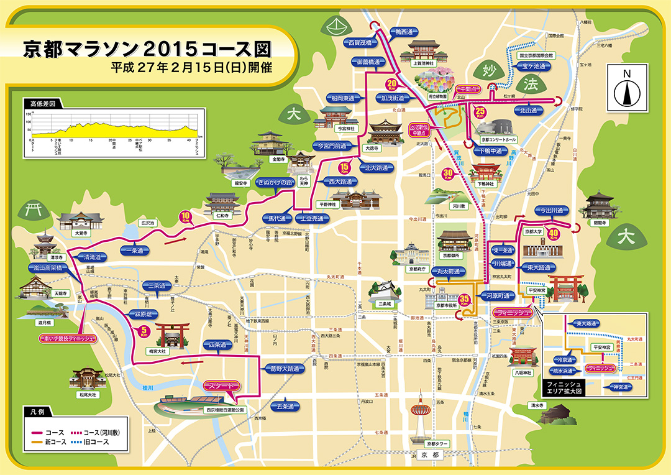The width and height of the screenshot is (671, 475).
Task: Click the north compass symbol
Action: pyautogui.click(x=627, y=88)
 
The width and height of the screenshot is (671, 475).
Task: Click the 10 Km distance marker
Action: pyautogui.click(x=186, y=217)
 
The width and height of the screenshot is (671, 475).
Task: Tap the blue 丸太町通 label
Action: pyautogui.click(x=450, y=272)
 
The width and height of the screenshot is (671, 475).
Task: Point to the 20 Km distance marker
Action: pyautogui.click(x=393, y=83)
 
